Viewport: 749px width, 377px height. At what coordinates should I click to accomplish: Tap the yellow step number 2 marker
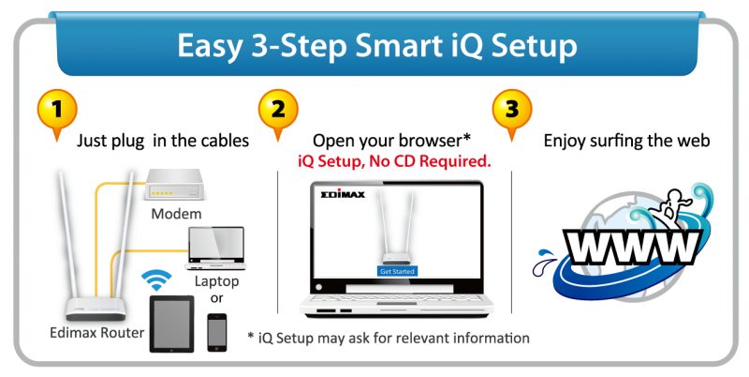point(277,110)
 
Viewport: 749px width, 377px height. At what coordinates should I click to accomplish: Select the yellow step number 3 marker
point(510,110)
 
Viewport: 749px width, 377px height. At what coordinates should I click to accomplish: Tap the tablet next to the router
point(170,323)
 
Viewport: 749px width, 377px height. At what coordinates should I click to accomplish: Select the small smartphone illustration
point(217,331)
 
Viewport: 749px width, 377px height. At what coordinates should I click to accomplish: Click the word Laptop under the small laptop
point(216,279)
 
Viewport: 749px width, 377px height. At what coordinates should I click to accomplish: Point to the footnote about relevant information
point(389,337)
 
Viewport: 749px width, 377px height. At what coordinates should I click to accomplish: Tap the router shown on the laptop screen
point(397,233)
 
